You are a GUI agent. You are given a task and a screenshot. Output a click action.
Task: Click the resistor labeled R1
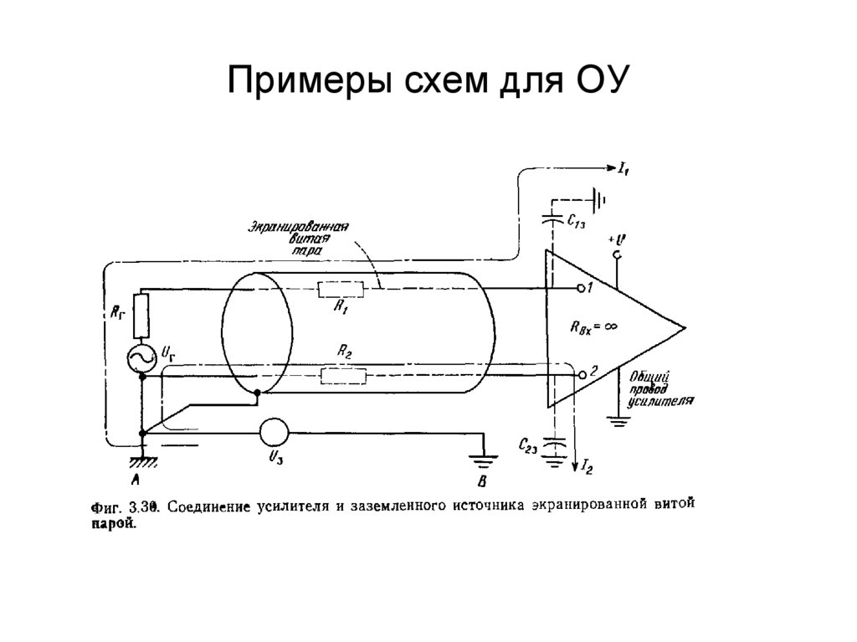pos(341,289)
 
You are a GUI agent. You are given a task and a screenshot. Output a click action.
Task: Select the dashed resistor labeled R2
pos(343,377)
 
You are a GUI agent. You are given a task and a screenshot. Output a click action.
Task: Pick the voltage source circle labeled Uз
pos(272,432)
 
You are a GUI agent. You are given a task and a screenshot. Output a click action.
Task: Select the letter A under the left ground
pos(136,480)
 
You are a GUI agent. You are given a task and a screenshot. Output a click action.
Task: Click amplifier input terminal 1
pos(582,289)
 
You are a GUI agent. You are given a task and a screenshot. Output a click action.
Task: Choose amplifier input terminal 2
pos(582,377)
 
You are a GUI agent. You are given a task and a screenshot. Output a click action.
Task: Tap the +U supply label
pos(619,242)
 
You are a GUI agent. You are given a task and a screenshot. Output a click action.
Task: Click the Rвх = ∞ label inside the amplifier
pos(596,328)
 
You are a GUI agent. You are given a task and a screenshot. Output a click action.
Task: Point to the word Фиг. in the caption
pos(105,506)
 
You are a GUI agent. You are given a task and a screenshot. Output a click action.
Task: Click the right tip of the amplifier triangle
pos(686,328)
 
